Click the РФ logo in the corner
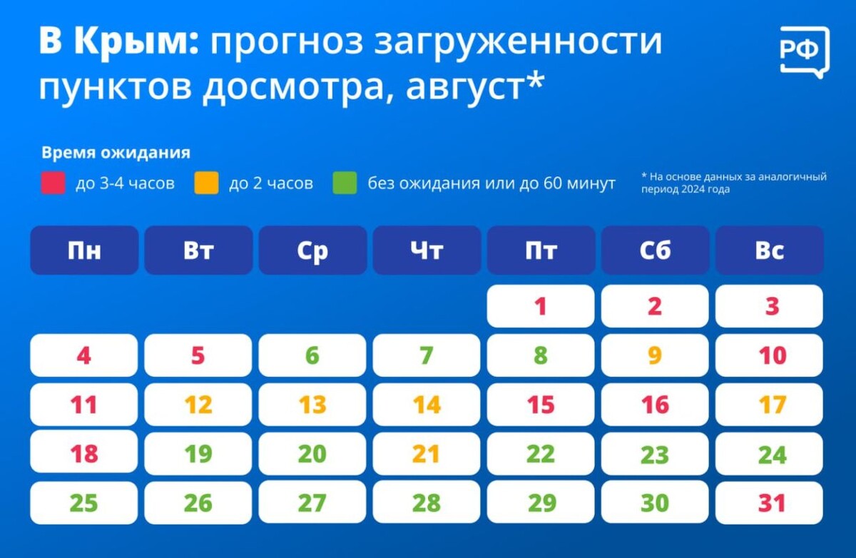pyautogui.click(x=804, y=51)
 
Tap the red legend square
pyautogui.click(x=53, y=183)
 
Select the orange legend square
pyautogui.click(x=205, y=183)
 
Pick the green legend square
pyautogui.click(x=345, y=183)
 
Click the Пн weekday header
pyautogui.click(x=84, y=250)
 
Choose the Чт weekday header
pyautogui.click(x=427, y=250)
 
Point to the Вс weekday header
pyautogui.click(x=769, y=250)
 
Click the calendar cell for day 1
pyautogui.click(x=541, y=306)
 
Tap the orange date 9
pyautogui.click(x=655, y=355)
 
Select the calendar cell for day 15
pyautogui.click(x=541, y=405)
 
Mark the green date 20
pyautogui.click(x=312, y=454)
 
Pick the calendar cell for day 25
pyautogui.click(x=84, y=503)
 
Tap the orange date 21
pyautogui.click(x=427, y=454)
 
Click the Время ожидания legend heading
pyautogui.click(x=116, y=153)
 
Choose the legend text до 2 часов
pyautogui.click(x=271, y=183)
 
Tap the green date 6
pyautogui.click(x=312, y=355)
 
